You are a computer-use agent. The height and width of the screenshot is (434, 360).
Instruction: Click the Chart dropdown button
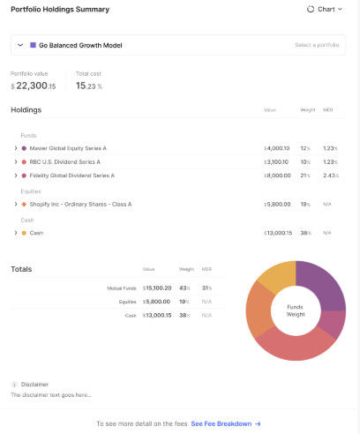click(x=325, y=9)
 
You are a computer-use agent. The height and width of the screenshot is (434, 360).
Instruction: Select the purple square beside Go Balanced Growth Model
click(x=33, y=45)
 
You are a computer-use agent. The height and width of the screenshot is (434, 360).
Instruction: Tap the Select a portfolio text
click(x=317, y=45)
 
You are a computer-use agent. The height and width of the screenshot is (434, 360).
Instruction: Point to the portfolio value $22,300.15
click(x=34, y=86)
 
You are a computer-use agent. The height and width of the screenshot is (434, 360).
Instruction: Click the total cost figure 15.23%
click(x=89, y=86)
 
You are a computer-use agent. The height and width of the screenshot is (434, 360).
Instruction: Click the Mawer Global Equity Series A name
click(x=68, y=148)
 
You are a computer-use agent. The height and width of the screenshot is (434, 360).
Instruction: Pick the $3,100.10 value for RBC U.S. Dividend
click(x=276, y=162)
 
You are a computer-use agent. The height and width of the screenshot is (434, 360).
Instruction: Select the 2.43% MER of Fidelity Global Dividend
click(x=331, y=176)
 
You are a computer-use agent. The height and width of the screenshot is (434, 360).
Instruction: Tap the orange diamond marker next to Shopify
click(x=24, y=205)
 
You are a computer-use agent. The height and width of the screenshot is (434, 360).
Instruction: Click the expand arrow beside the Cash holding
click(x=16, y=233)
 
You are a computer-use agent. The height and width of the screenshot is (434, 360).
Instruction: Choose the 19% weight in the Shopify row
click(x=305, y=205)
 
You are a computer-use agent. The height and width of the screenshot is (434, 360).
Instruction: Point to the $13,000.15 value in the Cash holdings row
click(x=278, y=233)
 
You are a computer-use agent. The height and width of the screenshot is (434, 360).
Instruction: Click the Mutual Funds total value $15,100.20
click(x=157, y=288)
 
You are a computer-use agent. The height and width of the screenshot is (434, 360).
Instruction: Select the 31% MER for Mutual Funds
click(x=206, y=288)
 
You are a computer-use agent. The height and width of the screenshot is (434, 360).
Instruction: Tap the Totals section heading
click(x=21, y=269)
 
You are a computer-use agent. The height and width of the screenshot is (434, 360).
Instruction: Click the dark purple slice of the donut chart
click(x=319, y=283)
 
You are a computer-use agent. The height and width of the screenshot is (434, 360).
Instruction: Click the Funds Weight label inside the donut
click(x=296, y=311)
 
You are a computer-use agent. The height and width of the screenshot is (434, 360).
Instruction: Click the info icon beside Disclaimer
click(x=14, y=385)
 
